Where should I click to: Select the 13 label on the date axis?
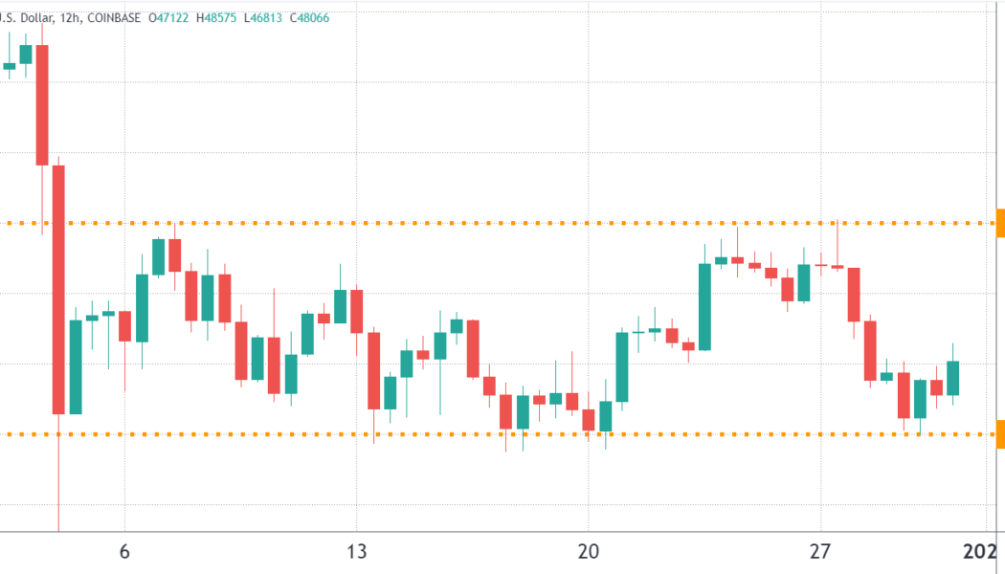click(x=356, y=552)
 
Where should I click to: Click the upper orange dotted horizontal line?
click(x=479, y=223)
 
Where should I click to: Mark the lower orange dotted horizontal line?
click(x=479, y=434)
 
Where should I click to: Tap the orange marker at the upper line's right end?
click(x=1000, y=223)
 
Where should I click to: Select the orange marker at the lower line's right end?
click(x=1000, y=434)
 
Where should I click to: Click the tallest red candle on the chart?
click(x=58, y=289)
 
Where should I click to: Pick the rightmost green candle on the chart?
click(x=953, y=378)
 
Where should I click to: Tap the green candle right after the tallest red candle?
click(x=75, y=366)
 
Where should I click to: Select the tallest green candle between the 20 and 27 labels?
click(x=704, y=306)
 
